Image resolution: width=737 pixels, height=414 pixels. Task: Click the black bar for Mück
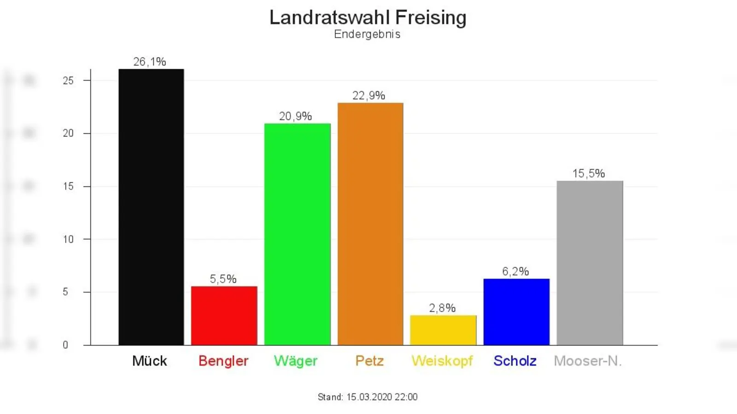tap(151, 207)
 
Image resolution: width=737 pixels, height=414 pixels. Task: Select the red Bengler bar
tap(224, 316)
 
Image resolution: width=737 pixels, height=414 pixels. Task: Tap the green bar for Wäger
tap(297, 234)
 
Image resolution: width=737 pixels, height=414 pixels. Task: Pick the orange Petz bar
tap(370, 224)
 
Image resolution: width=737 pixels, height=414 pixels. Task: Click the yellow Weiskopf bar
tap(443, 330)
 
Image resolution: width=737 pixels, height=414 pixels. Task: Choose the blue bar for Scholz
tap(516, 312)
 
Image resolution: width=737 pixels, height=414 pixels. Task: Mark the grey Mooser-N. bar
tap(590, 263)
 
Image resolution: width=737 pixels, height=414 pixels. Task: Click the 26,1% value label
tap(150, 62)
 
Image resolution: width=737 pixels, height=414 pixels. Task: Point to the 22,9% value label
tap(368, 96)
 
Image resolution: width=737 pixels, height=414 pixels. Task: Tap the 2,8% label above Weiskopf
tap(442, 308)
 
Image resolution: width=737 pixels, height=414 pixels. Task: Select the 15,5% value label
tap(588, 173)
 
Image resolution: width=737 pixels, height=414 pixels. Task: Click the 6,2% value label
tap(515, 271)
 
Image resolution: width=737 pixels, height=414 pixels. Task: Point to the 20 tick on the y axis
tap(68, 133)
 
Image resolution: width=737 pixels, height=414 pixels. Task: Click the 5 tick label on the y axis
tap(65, 292)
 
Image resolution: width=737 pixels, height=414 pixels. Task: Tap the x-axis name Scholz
tap(515, 361)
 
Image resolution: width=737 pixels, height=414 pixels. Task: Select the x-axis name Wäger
tap(296, 361)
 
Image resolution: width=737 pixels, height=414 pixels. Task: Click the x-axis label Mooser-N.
tap(588, 361)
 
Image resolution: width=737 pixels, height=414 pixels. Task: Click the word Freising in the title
tap(431, 18)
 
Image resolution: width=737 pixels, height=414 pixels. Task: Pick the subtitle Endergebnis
tap(367, 34)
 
